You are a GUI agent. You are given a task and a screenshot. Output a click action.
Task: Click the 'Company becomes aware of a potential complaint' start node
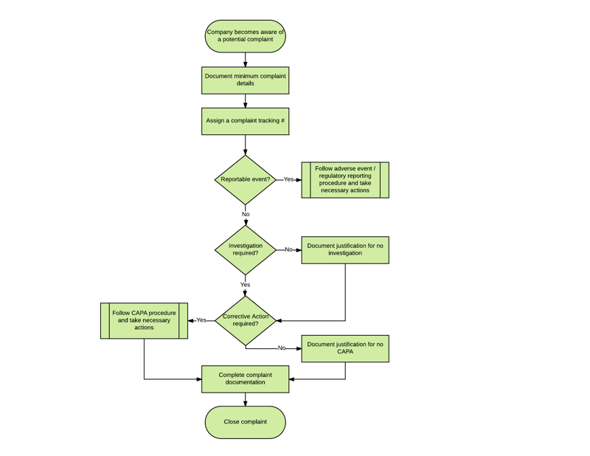pyautogui.click(x=245, y=36)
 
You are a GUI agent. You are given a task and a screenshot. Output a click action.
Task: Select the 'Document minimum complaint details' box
pyautogui.click(x=245, y=80)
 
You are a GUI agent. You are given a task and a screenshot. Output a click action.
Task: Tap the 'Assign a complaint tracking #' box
pyautogui.click(x=245, y=121)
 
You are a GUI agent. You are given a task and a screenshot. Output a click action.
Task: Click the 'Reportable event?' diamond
pyautogui.click(x=245, y=179)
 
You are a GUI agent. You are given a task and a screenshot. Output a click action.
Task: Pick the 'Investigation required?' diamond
pyautogui.click(x=245, y=250)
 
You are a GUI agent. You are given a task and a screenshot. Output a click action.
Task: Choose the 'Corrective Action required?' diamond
pyautogui.click(x=245, y=320)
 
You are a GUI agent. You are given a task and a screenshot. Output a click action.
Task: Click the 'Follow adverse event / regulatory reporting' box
pyautogui.click(x=344, y=180)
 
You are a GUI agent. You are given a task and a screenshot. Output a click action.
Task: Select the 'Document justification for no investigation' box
pyautogui.click(x=344, y=250)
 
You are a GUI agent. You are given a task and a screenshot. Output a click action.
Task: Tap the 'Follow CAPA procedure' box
pyautogui.click(x=144, y=320)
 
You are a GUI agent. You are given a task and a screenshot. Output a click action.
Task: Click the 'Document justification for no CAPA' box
pyautogui.click(x=344, y=348)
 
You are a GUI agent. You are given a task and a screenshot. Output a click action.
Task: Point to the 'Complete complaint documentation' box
pyautogui.click(x=245, y=379)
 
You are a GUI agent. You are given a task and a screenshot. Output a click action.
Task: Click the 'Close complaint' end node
pyautogui.click(x=245, y=422)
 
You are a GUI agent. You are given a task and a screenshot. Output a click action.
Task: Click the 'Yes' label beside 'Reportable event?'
pyautogui.click(x=288, y=179)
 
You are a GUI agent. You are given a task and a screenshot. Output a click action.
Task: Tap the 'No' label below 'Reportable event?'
pyautogui.click(x=246, y=215)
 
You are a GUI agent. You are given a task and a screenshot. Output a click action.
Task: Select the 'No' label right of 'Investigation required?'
pyautogui.click(x=288, y=249)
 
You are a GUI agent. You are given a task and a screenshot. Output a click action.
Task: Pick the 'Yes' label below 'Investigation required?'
pyautogui.click(x=245, y=285)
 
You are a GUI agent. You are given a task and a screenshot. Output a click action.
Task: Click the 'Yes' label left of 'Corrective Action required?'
pyautogui.click(x=201, y=320)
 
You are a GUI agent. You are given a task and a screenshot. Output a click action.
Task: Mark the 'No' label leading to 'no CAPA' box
pyautogui.click(x=282, y=348)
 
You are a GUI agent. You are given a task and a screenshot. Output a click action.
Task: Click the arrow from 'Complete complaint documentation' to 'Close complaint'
pyautogui.click(x=246, y=399)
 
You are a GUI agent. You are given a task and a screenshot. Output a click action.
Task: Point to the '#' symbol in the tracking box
pyautogui.click(x=282, y=121)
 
